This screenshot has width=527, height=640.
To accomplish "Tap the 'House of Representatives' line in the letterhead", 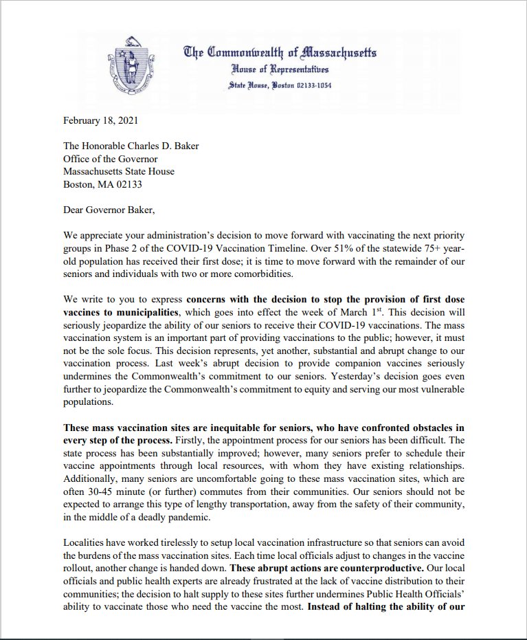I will coord(280,70).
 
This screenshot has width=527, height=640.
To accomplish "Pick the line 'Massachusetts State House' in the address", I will coord(119,171).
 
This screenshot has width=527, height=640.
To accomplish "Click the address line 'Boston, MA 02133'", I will coord(102,184).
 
